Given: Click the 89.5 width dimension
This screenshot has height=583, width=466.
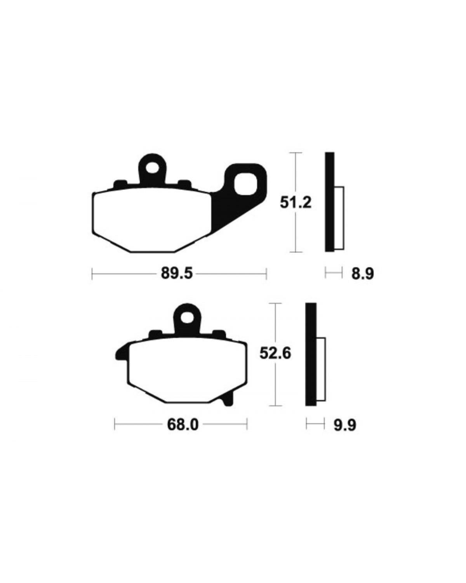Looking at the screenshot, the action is click(x=177, y=274).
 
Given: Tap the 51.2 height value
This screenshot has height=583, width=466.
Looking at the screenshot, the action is click(x=296, y=203).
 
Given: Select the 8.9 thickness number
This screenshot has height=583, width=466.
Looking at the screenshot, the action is click(x=363, y=274).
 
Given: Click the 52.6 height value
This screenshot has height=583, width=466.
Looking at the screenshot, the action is click(x=275, y=353).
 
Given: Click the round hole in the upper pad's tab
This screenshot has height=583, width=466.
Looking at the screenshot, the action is click(x=152, y=168).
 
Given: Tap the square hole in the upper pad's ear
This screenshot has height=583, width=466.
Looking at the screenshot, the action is click(x=245, y=185).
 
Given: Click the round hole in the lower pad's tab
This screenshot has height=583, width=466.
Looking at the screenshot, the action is click(x=187, y=317).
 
